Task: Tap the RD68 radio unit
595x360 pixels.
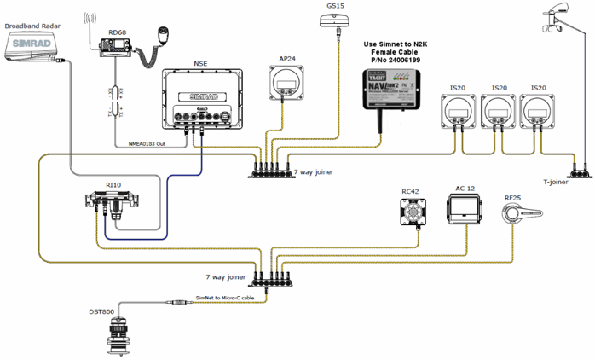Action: [x=113, y=51]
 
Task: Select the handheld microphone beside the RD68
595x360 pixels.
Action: [x=160, y=37]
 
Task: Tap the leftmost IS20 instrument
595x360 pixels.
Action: [x=459, y=113]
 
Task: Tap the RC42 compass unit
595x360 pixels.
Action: [x=414, y=210]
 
